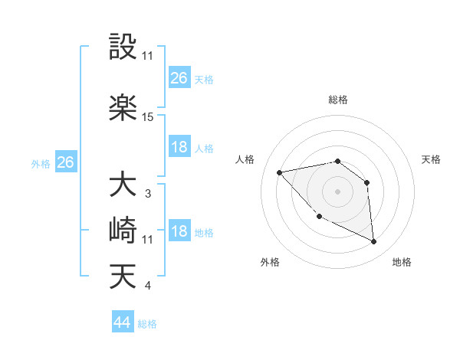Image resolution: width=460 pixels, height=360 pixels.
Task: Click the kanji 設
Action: pyautogui.click(x=123, y=47)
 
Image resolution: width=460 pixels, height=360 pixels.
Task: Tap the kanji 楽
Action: pyautogui.click(x=123, y=107)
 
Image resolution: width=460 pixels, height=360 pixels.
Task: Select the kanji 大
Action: pyautogui.click(x=123, y=185)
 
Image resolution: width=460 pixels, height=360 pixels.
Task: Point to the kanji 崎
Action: pyautogui.click(x=123, y=231)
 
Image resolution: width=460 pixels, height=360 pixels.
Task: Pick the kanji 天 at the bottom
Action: pyautogui.click(x=123, y=277)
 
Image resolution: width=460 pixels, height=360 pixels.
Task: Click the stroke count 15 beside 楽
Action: pyautogui.click(x=148, y=117)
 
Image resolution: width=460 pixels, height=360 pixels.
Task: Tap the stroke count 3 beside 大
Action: pyautogui.click(x=147, y=194)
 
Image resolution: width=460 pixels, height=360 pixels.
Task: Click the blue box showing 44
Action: pyautogui.click(x=122, y=322)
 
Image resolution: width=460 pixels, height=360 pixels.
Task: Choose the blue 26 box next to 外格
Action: pyautogui.click(x=65, y=162)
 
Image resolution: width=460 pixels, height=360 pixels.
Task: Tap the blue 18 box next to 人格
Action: pyautogui.click(x=179, y=148)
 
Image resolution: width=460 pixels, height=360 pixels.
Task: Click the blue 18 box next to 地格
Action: pyautogui.click(x=179, y=232)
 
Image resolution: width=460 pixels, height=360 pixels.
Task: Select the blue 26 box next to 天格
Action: pyautogui.click(x=179, y=78)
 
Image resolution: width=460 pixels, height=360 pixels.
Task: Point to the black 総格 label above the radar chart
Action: pyautogui.click(x=337, y=100)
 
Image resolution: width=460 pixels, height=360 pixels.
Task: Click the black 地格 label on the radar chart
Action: pyautogui.click(x=402, y=262)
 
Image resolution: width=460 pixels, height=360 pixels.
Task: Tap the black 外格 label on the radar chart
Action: pyautogui.click(x=270, y=262)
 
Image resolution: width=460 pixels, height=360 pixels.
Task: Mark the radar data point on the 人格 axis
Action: pyautogui.click(x=280, y=172)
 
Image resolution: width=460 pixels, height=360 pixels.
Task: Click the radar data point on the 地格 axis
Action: pyautogui.click(x=374, y=241)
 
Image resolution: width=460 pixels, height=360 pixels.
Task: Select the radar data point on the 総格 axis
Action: pyautogui.click(x=337, y=161)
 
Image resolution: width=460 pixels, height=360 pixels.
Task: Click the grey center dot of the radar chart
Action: pyautogui.click(x=337, y=191)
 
